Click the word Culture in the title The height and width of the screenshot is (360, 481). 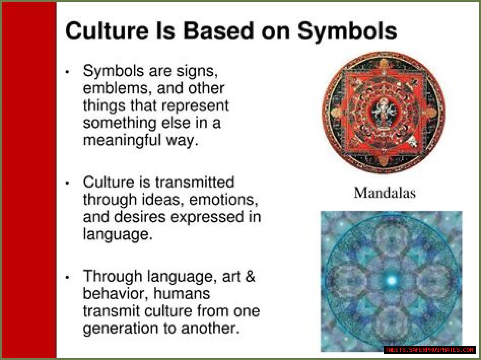click(x=107, y=30)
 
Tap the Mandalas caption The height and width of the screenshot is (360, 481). click(x=384, y=193)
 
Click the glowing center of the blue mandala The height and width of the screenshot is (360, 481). click(x=391, y=280)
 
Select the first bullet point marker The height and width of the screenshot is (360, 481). click(x=67, y=72)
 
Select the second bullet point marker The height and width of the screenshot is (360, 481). click(x=67, y=184)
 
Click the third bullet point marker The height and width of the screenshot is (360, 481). click(x=67, y=277)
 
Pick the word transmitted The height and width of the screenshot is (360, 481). click(x=195, y=182)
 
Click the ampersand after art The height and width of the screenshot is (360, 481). click(x=250, y=276)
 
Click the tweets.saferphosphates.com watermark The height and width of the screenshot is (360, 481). click(x=429, y=350)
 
